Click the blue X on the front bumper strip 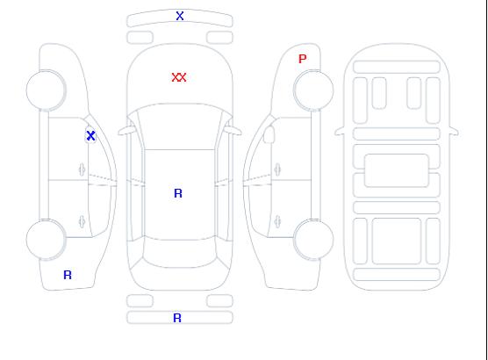pos(180,16)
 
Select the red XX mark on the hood pos(179,77)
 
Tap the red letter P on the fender pos(302,59)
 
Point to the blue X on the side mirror pos(90,135)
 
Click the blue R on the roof pos(178,193)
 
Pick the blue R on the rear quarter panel pos(68,275)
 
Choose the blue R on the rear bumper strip pos(177,318)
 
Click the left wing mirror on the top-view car pos(126,131)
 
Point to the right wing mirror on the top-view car pos(233,131)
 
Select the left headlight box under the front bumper pos(140,38)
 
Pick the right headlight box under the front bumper pos(219,38)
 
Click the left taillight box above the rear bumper pos(140,301)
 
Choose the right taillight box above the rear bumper pos(219,301)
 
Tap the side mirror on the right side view pos(269,134)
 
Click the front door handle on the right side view pos(277,169)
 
